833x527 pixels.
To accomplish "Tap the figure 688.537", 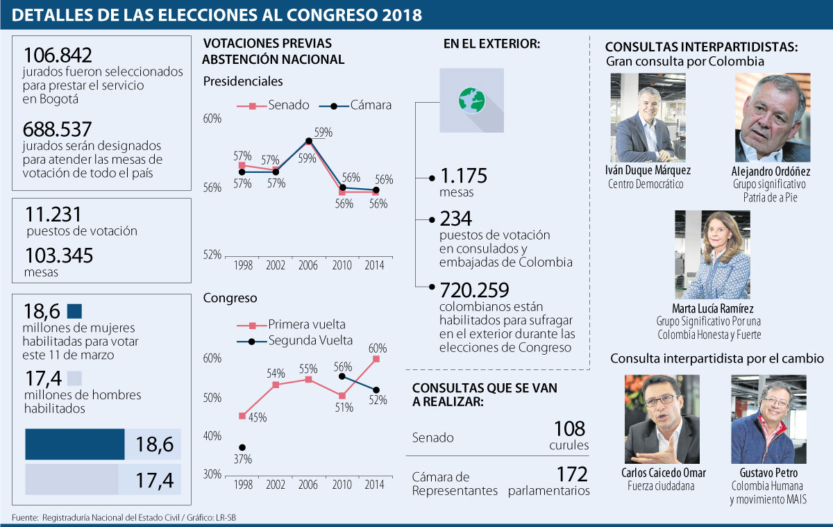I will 58,130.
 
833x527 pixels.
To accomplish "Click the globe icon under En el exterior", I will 471,100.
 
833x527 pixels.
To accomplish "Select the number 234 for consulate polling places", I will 457,219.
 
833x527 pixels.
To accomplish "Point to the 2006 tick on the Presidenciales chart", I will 308,266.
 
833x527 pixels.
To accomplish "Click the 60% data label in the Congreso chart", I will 378,348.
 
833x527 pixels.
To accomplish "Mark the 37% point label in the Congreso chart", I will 242,459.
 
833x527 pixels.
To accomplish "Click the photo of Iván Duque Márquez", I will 647,117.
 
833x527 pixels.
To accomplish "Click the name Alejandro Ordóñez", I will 771,172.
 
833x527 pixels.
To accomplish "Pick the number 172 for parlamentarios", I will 572,475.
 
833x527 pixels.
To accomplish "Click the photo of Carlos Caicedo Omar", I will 662,419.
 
